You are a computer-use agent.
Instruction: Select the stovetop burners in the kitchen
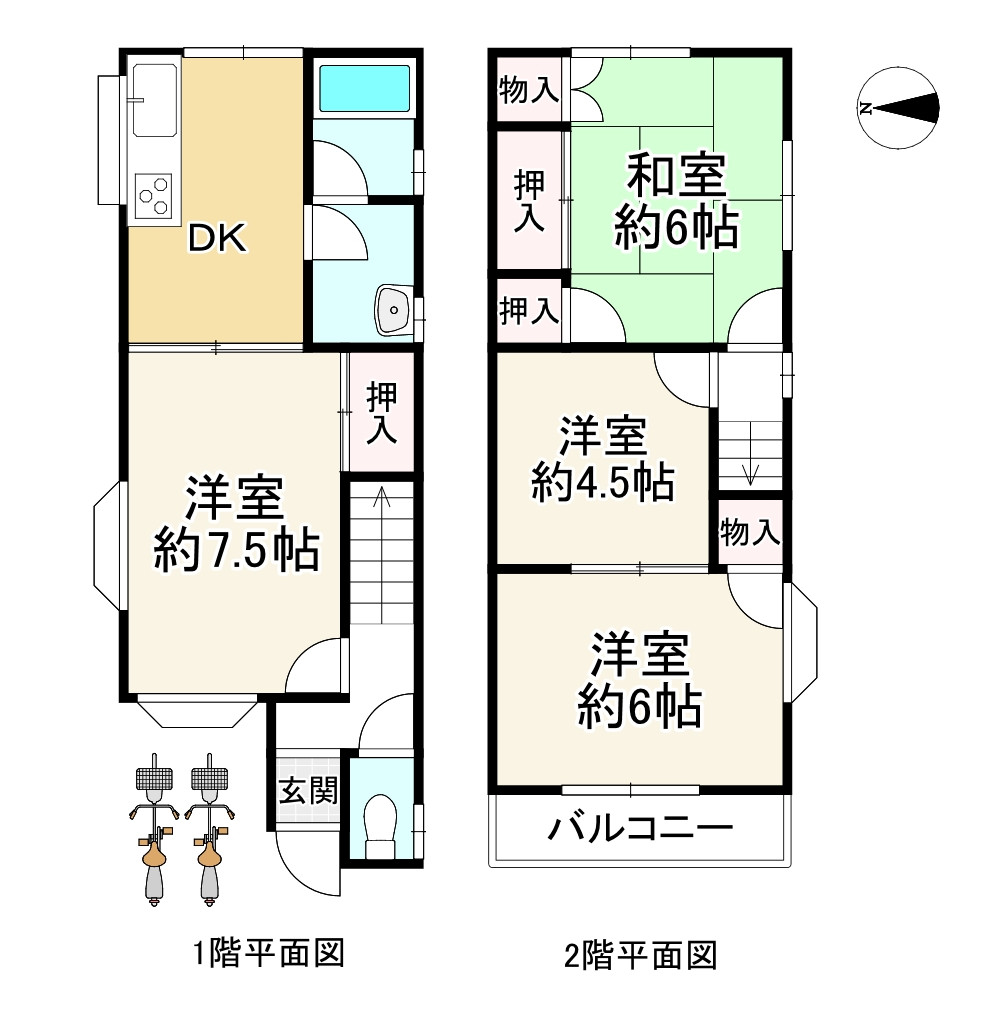[x=154, y=193]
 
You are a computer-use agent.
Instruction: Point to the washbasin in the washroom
[x=393, y=310]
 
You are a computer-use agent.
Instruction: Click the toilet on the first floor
[x=381, y=822]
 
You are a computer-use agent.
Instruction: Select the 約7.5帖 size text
[x=237, y=550]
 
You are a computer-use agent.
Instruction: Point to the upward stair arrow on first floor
[x=381, y=500]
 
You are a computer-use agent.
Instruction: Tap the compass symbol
[x=900, y=109]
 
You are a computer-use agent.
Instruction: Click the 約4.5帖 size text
[x=601, y=483]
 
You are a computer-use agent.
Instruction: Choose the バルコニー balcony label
[x=640, y=827]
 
